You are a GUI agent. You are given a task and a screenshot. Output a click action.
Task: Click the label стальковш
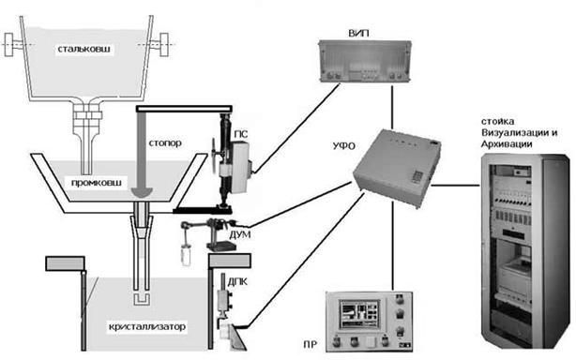(x=84, y=49)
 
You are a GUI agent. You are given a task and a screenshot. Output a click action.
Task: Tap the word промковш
(x=96, y=183)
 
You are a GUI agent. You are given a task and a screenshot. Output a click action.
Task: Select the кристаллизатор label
(x=147, y=326)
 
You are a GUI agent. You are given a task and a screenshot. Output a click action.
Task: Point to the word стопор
(x=165, y=142)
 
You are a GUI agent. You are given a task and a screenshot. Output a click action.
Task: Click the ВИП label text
(x=358, y=33)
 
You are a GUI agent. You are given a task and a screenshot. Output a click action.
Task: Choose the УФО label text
(x=344, y=146)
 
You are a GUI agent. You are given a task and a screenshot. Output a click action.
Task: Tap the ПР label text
(x=310, y=345)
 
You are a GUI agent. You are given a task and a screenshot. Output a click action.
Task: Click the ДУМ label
(x=240, y=234)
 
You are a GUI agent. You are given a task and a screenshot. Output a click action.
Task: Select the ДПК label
(x=237, y=281)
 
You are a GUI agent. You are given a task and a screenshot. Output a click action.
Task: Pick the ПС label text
(x=240, y=135)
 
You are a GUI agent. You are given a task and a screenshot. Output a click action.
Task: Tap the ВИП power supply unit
(x=364, y=62)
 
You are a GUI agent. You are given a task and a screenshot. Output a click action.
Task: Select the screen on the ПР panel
(x=359, y=314)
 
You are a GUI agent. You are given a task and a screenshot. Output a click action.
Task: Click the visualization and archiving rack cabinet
(x=525, y=251)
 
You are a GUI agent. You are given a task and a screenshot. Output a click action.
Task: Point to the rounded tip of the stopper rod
(x=142, y=192)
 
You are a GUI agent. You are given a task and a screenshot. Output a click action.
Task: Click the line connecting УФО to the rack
(x=455, y=186)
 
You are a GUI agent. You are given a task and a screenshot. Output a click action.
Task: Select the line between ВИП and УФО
(x=392, y=107)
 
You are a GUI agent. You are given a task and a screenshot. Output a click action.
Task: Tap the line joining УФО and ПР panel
(x=393, y=246)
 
